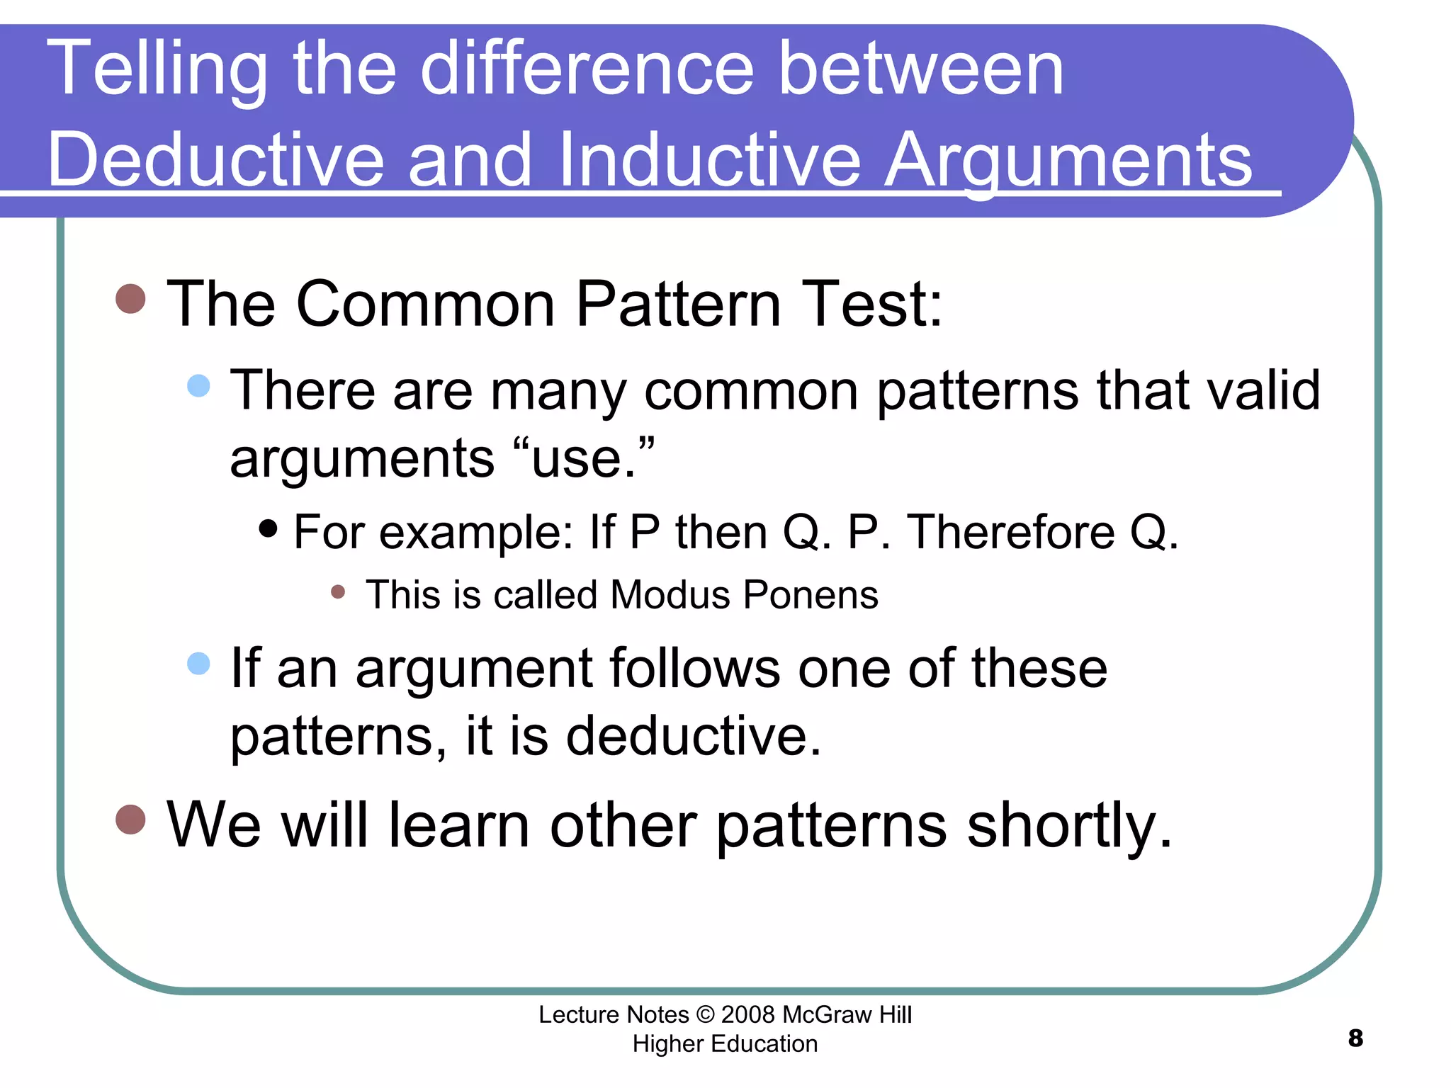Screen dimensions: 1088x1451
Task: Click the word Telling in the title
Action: pyautogui.click(x=157, y=69)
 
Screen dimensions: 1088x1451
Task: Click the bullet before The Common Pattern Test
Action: pyautogui.click(x=130, y=299)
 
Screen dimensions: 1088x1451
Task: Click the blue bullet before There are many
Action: pyautogui.click(x=199, y=385)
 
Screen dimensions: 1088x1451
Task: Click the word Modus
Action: pyautogui.click(x=670, y=594)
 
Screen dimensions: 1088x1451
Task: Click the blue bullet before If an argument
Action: pyautogui.click(x=199, y=664)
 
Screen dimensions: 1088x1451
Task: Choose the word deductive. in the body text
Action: pyautogui.click(x=694, y=735)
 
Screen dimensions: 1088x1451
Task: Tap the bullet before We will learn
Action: pyautogui.click(x=130, y=820)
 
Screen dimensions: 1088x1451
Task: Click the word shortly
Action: pyautogui.click(x=1070, y=825)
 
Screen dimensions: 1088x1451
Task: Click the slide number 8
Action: pyautogui.click(x=1355, y=1038)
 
